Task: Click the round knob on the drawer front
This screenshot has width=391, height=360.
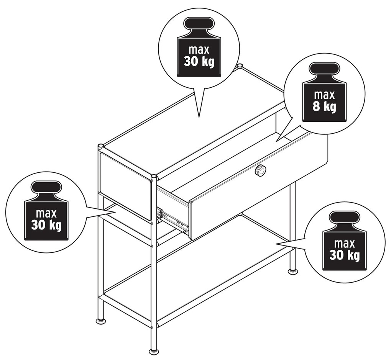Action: pos(260,170)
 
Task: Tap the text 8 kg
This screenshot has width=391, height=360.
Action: pos(324,106)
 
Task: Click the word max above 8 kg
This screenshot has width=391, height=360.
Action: pos(324,95)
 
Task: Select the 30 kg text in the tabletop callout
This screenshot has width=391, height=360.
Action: pos(199,61)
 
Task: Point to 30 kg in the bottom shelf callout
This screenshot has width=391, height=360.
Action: pos(344,255)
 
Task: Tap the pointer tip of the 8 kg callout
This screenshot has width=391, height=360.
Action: pos(276,141)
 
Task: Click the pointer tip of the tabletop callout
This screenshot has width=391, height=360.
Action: pos(199,117)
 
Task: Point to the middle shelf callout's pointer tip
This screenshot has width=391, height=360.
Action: pos(115,213)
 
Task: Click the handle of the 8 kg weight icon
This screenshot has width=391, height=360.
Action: pos(324,69)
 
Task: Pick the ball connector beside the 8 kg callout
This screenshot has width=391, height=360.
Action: pos(240,66)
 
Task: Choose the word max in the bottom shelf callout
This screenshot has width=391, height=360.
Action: pos(344,244)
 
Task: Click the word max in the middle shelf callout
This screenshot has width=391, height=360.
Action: pos(46,213)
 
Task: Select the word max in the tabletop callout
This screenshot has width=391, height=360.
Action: pos(199,50)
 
